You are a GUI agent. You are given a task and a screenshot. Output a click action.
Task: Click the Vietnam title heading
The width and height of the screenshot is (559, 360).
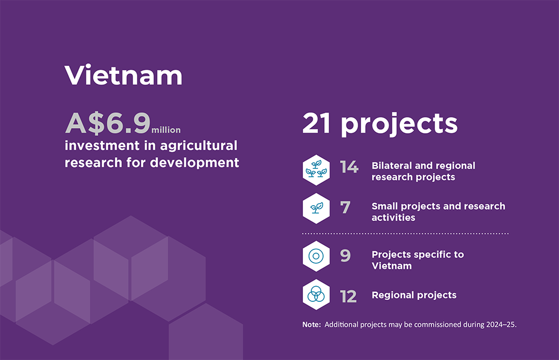(124, 75)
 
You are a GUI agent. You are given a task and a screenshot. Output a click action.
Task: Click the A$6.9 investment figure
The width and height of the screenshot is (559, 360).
(108, 123)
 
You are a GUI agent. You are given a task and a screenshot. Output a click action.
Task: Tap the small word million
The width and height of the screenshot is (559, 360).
(166, 130)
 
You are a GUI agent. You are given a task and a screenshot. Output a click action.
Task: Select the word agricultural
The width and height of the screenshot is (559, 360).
(198, 145)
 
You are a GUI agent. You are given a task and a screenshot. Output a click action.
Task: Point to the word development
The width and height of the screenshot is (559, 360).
(195, 163)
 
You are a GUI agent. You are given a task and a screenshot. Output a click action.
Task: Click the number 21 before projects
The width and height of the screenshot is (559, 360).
(316, 124)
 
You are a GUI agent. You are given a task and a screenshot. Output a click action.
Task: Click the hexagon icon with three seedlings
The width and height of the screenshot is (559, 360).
(316, 170)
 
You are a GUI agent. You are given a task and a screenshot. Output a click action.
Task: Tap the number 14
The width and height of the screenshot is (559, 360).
(349, 167)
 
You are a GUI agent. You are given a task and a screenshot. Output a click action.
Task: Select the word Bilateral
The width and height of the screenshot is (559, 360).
(392, 165)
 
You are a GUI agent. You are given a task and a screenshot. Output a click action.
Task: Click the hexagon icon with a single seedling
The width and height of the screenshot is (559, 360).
(316, 209)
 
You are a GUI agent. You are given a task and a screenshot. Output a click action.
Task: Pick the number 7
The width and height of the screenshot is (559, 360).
(345, 207)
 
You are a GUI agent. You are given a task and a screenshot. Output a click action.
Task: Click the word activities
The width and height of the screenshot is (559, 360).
(394, 217)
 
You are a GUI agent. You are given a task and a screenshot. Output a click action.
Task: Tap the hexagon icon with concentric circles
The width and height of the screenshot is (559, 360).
(316, 256)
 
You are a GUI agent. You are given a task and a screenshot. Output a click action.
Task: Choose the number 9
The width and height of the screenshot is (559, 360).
(345, 255)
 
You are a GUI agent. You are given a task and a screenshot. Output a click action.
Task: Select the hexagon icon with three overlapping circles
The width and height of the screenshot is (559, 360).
(316, 295)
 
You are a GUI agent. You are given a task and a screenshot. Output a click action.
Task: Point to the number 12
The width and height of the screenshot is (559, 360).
(348, 297)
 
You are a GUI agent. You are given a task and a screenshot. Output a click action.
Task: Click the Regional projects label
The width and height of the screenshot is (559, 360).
(414, 295)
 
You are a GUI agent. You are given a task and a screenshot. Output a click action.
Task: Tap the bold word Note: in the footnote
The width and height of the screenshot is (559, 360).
(311, 324)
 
